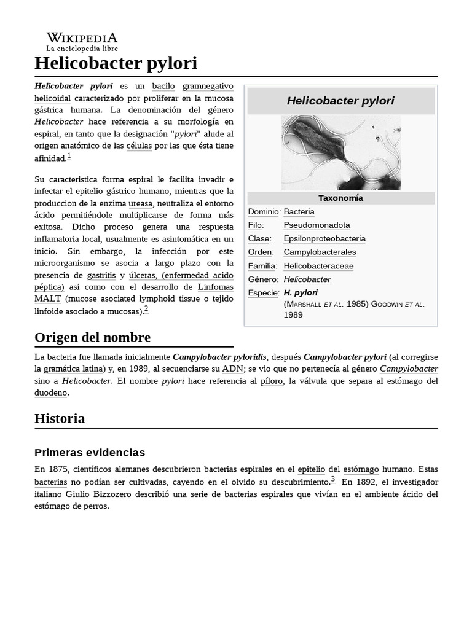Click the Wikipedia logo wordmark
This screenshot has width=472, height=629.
point(82,38)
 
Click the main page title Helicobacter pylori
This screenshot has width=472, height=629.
point(116,63)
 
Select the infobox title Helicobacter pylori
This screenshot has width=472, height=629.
point(340,101)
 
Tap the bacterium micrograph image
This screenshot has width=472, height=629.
point(340,153)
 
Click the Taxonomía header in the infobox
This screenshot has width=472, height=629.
point(340,198)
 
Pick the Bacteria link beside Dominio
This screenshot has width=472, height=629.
point(299,211)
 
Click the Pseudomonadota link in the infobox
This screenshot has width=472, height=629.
point(317,225)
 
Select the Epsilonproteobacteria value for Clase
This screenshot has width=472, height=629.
point(324,238)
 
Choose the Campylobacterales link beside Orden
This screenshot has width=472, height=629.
point(320,252)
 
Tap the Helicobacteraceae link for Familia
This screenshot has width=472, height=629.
point(318,266)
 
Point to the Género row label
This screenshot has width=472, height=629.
point(263,279)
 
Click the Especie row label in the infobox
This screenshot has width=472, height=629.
point(264,293)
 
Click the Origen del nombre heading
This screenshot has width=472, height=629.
point(92,337)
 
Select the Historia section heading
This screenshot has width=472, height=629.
point(60,418)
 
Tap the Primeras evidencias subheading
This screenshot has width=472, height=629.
point(90,453)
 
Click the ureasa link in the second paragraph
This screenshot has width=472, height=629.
point(140,203)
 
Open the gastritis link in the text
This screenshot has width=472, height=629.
point(101,275)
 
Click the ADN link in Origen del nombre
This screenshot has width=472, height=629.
point(232,369)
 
